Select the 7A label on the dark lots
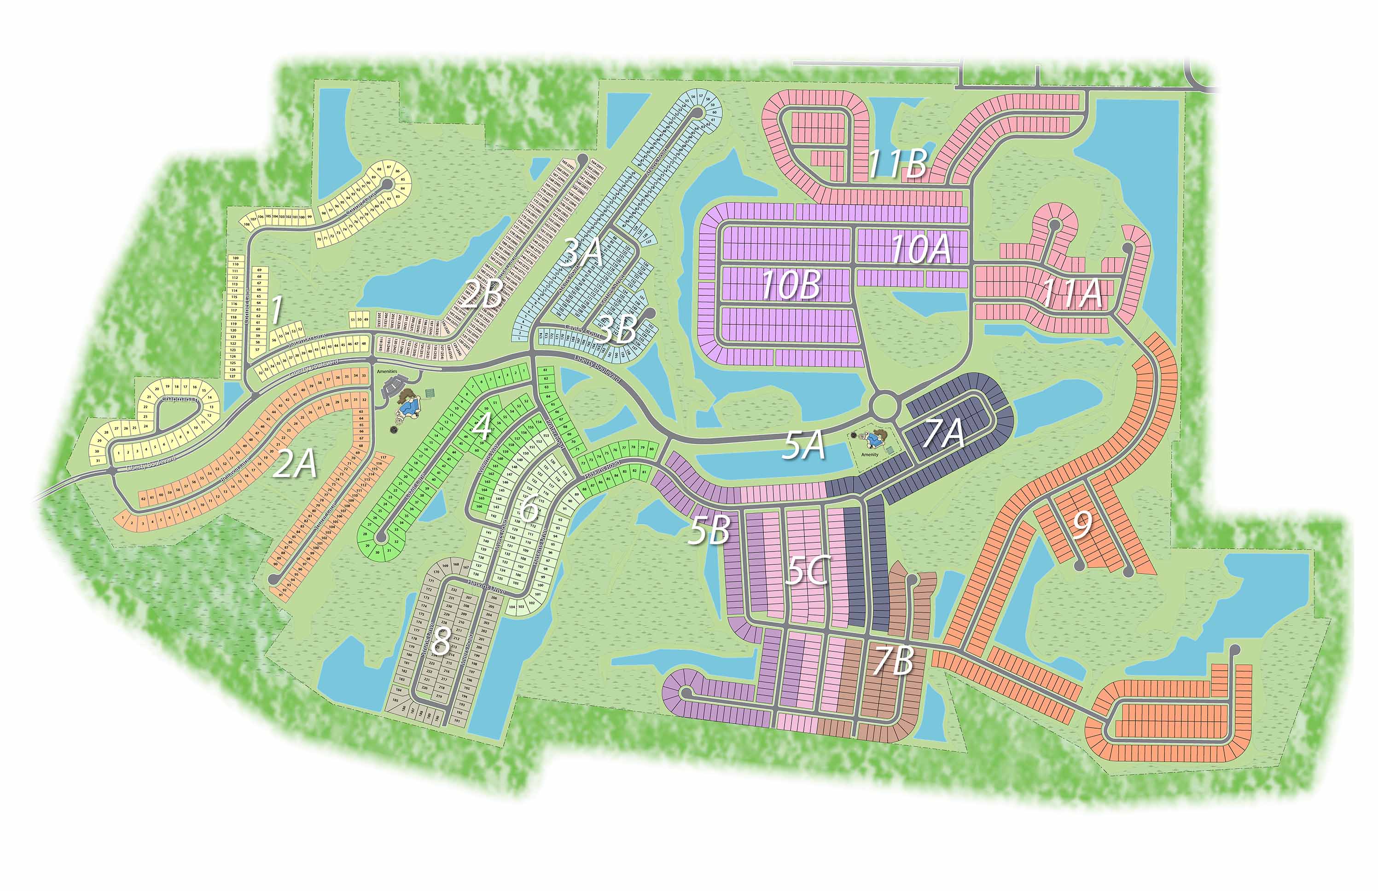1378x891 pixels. pos(944,433)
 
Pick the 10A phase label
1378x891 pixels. pos(921,249)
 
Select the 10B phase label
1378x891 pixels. pos(791,285)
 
